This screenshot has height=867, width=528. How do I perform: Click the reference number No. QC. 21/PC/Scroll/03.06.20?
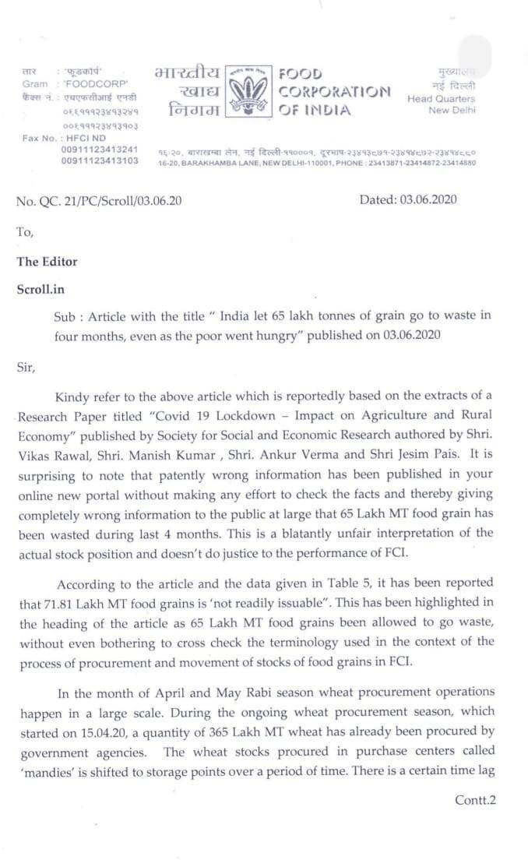(x=99, y=200)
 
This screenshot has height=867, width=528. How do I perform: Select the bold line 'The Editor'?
(x=48, y=262)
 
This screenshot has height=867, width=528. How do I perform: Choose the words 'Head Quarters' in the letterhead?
(x=441, y=99)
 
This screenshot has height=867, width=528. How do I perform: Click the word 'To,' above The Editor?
(x=26, y=231)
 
